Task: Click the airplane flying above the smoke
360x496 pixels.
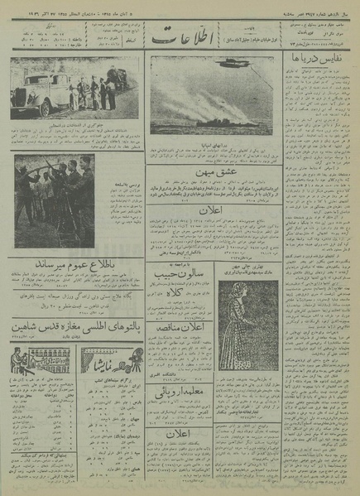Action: click(x=228, y=63)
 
